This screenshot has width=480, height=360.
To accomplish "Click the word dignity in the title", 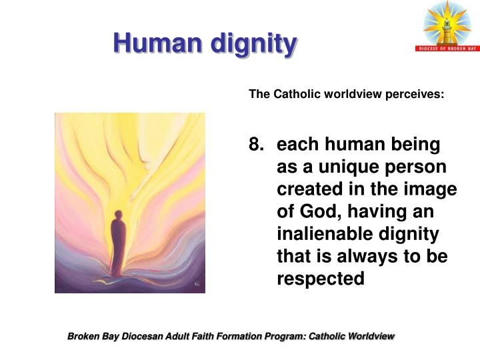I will pyautogui.click(x=253, y=45).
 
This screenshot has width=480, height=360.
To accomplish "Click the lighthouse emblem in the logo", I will pyautogui.click(x=447, y=25).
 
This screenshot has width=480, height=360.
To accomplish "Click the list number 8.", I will pyautogui.click(x=255, y=144).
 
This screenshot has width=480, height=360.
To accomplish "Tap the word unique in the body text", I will pyautogui.click(x=340, y=167).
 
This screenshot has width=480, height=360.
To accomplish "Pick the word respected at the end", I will pyautogui.click(x=321, y=279).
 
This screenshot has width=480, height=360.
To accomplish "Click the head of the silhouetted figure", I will pyautogui.click(x=118, y=215).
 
